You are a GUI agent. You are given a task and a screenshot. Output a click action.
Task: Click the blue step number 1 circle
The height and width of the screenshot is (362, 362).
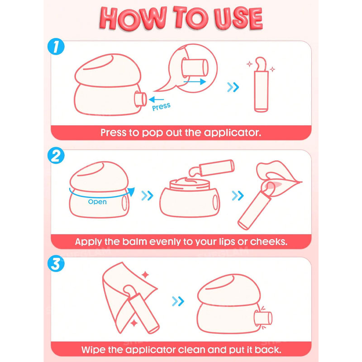pyautogui.click(x=56, y=47)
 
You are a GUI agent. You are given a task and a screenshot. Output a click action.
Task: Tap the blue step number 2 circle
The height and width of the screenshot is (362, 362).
pyautogui.click(x=56, y=155)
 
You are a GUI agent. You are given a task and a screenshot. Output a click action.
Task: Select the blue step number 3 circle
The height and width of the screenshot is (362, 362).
pyautogui.click(x=56, y=263)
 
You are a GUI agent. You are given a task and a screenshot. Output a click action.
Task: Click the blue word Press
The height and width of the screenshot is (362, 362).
pyautogui.click(x=161, y=107)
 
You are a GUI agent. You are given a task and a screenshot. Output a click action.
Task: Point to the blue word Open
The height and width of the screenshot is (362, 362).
pyautogui.click(x=97, y=202)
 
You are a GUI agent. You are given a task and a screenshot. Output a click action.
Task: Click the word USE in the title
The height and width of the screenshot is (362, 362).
pyautogui.click(x=238, y=19)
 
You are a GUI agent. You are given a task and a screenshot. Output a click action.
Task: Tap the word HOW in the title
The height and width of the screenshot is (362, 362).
pyautogui.click(x=133, y=19)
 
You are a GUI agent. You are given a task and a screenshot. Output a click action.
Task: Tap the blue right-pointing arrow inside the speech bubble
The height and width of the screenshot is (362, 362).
pyautogui.click(x=195, y=81)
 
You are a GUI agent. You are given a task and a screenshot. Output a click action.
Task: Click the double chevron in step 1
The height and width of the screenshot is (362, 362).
pyautogui.click(x=233, y=87)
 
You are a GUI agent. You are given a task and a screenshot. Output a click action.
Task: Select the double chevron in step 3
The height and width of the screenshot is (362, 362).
pyautogui.click(x=178, y=301)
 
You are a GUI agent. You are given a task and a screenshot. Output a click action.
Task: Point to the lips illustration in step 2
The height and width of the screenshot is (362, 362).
pyautogui.click(x=279, y=176)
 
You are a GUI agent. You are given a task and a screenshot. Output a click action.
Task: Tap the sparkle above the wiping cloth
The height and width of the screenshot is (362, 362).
pyautogui.click(x=145, y=275)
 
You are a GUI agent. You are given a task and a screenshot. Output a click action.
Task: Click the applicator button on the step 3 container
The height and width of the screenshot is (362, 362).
pyautogui.click(x=263, y=318)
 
